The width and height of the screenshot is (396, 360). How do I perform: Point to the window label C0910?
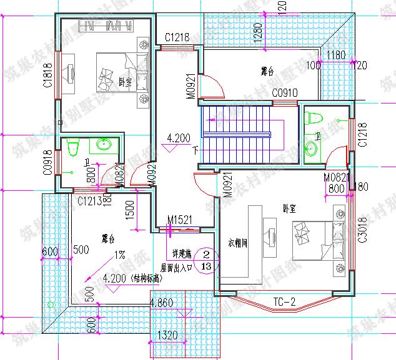(285, 93)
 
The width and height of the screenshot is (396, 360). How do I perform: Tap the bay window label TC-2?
(285, 303)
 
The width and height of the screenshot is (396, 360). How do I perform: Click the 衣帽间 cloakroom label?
(238, 243)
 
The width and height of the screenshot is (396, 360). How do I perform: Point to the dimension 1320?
(168, 335)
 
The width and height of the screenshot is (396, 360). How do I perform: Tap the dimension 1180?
(336, 56)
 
